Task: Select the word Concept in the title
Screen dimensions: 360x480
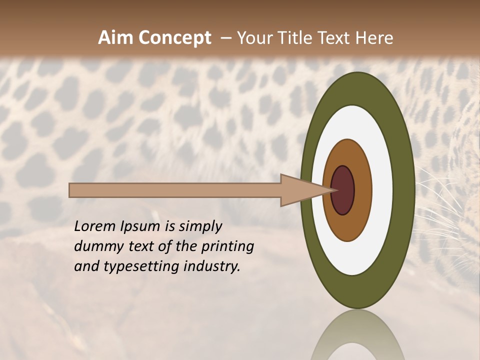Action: [x=175, y=38]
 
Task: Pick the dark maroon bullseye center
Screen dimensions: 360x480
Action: [x=342, y=190]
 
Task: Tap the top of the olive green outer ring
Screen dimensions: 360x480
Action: [x=357, y=87]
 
